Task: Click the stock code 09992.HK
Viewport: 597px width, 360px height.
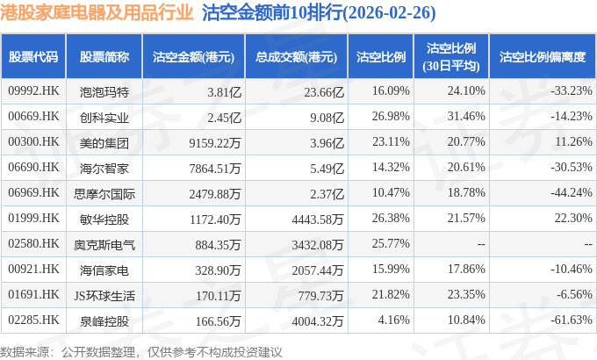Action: click(33, 90)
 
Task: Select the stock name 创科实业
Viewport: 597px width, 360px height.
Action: click(104, 118)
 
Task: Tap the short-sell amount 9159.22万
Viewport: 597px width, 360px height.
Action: click(215, 143)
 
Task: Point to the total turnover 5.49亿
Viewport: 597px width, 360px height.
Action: click(327, 169)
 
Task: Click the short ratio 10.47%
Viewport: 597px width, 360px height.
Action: click(391, 192)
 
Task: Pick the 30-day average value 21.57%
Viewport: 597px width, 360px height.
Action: click(466, 218)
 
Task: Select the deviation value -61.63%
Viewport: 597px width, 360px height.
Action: click(572, 320)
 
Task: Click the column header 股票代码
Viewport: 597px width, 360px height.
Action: click(33, 57)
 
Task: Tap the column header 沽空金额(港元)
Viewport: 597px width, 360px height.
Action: click(193, 57)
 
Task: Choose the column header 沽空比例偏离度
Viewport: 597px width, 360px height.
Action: click(543, 57)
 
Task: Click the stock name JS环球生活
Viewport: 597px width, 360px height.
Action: click(104, 296)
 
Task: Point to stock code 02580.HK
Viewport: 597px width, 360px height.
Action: click(33, 243)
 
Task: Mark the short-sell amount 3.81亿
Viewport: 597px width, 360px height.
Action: click(224, 92)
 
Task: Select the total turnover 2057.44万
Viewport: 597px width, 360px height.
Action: click(318, 270)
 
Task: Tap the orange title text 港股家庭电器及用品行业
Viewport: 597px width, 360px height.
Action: click(97, 12)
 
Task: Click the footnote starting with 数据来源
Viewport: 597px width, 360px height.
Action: click(141, 351)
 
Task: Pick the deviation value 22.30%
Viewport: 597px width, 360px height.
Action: click(573, 218)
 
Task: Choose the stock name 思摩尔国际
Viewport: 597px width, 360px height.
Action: click(104, 194)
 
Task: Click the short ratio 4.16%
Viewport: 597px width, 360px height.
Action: click(393, 320)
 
